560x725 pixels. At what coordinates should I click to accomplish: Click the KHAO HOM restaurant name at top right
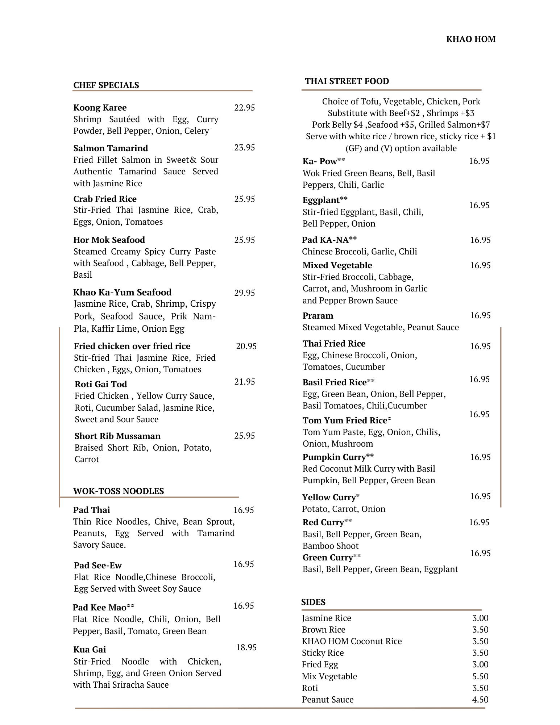point(470,39)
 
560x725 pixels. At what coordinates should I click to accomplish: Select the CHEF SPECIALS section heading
point(106,85)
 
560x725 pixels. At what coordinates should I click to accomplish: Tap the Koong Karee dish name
point(100,108)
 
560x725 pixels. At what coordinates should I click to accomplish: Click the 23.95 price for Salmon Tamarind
point(244,148)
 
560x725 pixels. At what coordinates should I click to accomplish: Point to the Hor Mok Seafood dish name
point(109,240)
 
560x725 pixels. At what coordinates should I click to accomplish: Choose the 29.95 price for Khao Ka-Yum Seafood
point(244,293)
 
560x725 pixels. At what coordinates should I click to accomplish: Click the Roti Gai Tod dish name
point(101,384)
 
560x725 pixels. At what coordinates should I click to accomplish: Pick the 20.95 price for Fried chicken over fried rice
point(246,346)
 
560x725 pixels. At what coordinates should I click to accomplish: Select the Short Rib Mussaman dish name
point(117,436)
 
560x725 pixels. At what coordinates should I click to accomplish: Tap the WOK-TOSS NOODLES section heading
point(119,491)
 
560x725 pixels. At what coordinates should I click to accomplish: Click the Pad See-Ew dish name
point(98,565)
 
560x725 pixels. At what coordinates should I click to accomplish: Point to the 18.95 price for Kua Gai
point(246,647)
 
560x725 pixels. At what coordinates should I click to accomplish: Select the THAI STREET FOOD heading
point(347,81)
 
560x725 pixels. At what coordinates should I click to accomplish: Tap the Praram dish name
point(318,316)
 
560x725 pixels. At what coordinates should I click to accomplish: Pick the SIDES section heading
point(313,602)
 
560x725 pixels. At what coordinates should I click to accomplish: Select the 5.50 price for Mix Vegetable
point(480,676)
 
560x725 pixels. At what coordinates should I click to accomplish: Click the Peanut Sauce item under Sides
point(327,700)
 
